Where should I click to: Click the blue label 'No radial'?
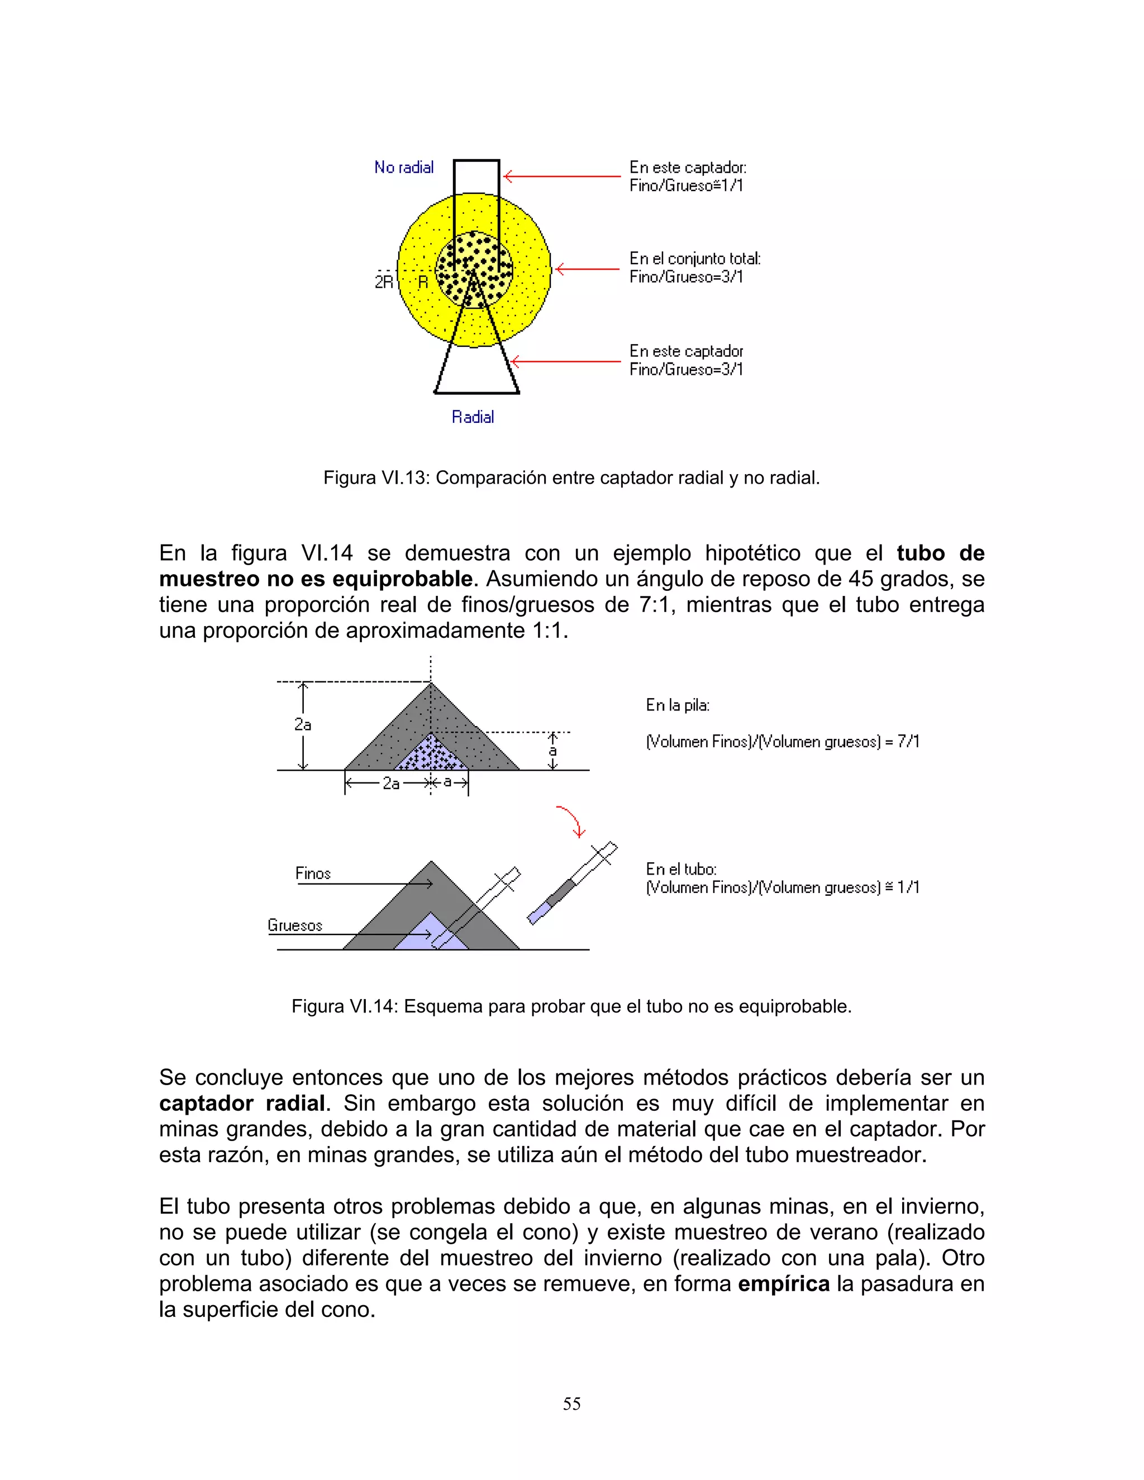point(404,168)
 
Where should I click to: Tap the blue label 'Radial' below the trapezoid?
point(473,417)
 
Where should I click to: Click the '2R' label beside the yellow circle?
point(384,282)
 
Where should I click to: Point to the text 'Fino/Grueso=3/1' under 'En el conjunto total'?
point(686,276)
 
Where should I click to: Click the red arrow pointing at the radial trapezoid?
point(566,361)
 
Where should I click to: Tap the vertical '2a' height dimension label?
point(302,724)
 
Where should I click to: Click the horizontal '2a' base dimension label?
point(390,784)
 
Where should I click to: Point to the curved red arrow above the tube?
point(571,820)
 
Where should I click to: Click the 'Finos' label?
point(312,873)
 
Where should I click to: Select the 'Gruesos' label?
point(295,925)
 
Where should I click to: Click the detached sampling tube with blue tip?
point(571,884)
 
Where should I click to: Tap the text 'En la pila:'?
point(677,705)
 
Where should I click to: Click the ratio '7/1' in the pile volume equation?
point(908,741)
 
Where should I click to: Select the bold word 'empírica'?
point(784,1283)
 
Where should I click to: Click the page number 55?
point(571,1403)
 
